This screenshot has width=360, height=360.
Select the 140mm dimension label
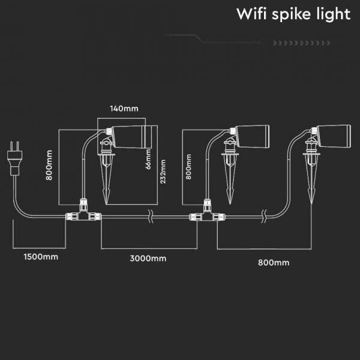[x=124, y=109]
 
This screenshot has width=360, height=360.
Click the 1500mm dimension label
[x=41, y=257]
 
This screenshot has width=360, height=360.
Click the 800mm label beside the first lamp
[x=49, y=166]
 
